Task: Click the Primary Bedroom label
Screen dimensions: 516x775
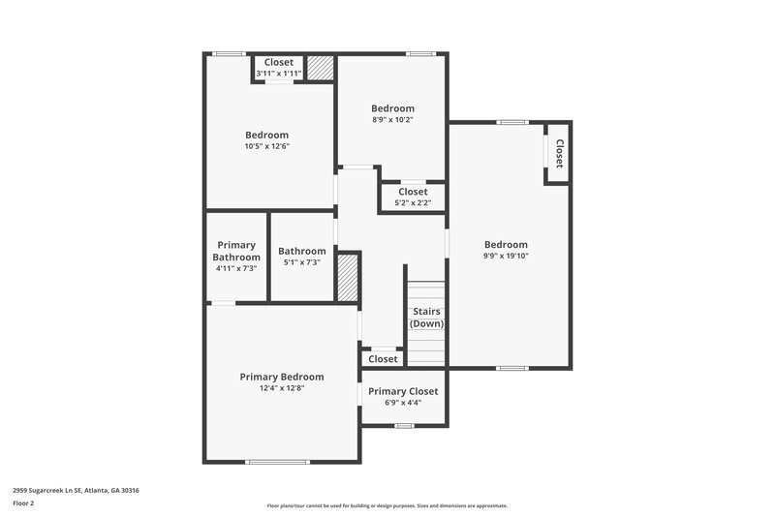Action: tap(282, 377)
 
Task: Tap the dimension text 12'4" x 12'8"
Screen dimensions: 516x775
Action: tap(282, 388)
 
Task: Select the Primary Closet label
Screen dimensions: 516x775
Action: tap(403, 391)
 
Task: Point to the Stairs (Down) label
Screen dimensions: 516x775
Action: tap(426, 318)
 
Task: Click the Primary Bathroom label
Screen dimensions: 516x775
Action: tap(236, 252)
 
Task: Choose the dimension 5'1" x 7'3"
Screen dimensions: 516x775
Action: tap(302, 262)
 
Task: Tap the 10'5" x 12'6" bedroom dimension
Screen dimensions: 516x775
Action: tap(266, 146)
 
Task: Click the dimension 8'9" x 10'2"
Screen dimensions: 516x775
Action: tap(392, 120)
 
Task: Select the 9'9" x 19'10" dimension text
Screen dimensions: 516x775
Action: tap(506, 257)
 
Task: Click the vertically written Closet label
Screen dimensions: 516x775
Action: tap(559, 153)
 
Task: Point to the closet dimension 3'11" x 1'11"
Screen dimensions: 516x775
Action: tap(279, 74)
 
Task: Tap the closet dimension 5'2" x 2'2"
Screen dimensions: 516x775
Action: tap(413, 203)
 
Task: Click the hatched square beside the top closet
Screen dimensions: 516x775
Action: tap(321, 69)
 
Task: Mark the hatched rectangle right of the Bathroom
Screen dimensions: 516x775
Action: tap(348, 277)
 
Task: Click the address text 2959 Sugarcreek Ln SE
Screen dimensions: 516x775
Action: tap(76, 490)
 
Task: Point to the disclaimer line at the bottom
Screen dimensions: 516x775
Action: tap(387, 505)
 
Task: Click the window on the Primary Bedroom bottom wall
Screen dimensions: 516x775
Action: tap(277, 462)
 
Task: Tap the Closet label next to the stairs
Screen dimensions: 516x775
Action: tap(383, 359)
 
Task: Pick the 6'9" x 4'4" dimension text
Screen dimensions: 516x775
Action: tap(403, 403)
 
